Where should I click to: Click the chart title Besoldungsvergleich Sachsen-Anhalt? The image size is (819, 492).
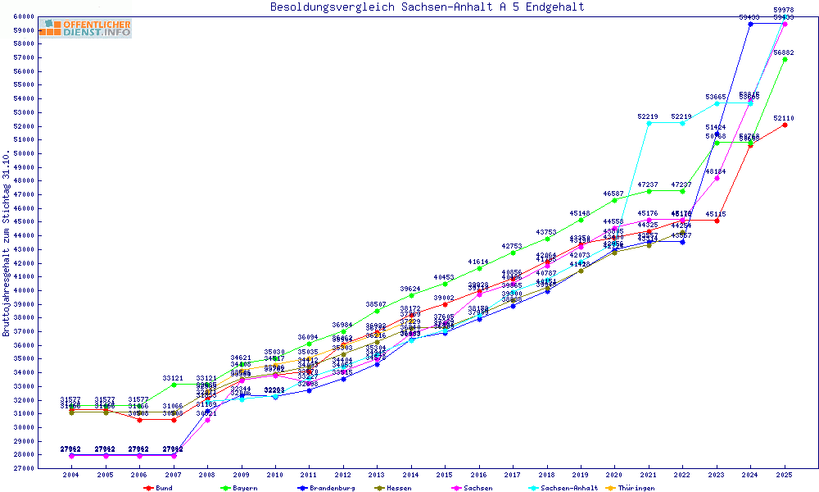tap(428, 7)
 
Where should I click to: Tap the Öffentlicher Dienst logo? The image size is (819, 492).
tap(85, 29)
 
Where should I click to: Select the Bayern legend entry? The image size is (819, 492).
tap(239, 488)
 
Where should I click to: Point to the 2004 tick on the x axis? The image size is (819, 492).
tap(70, 475)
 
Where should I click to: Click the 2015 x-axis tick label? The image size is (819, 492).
tap(445, 475)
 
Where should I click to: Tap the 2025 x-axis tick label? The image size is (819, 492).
tap(785, 475)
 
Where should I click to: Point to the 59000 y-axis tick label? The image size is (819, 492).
tap(24, 30)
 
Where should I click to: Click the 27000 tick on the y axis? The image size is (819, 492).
tap(24, 468)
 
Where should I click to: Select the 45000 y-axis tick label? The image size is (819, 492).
tap(24, 221)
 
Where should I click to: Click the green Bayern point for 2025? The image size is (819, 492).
tap(785, 59)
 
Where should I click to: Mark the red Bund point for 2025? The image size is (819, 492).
tap(785, 125)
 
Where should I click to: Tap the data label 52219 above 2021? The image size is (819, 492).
tap(648, 116)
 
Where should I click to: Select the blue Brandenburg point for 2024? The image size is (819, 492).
tap(750, 24)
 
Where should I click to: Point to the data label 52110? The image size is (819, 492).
tap(785, 118)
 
